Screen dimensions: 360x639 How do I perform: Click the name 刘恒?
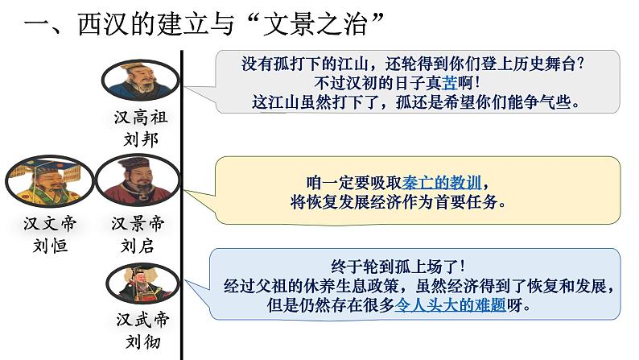tap(43, 245)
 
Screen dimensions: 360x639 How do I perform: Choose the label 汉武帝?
tap(140, 319)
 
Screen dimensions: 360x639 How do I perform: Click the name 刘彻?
tap(140, 341)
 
